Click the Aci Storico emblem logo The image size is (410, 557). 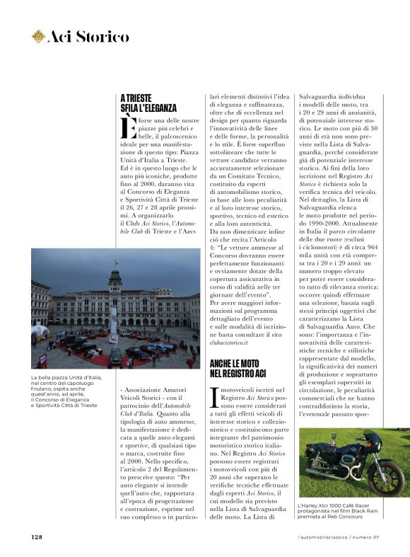coord(38,35)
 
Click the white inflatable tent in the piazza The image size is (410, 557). coord(41,331)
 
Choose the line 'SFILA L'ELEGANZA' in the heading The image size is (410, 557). coord(148,108)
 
